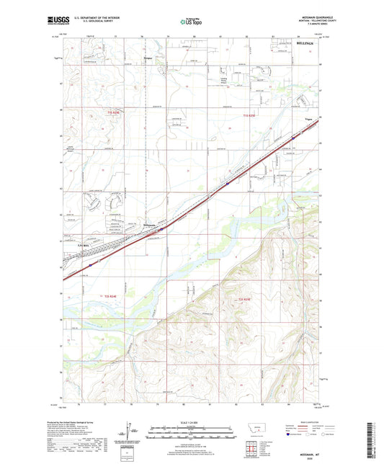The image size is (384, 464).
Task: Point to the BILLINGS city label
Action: (306, 44)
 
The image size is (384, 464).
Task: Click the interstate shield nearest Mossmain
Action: (161, 229)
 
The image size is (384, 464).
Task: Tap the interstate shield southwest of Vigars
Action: (227, 183)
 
